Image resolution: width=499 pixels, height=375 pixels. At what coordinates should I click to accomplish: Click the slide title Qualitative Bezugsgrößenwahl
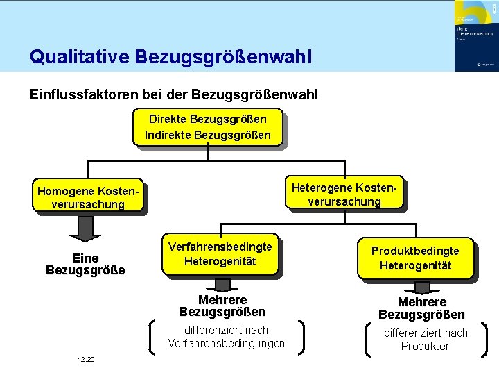(x=170, y=56)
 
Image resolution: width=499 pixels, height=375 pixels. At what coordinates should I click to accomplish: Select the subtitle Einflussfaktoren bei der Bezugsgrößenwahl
(x=174, y=94)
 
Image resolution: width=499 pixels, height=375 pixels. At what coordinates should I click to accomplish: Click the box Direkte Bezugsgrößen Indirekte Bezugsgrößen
(x=208, y=125)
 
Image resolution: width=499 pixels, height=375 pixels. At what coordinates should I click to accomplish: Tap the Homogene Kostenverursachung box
(x=88, y=197)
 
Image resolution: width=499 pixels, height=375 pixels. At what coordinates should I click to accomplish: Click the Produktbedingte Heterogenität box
(x=415, y=258)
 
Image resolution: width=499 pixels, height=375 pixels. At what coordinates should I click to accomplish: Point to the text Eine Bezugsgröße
(x=85, y=263)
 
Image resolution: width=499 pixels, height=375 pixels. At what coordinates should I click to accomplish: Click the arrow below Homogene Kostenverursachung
(x=85, y=226)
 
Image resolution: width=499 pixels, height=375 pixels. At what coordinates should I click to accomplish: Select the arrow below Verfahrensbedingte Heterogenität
(x=222, y=285)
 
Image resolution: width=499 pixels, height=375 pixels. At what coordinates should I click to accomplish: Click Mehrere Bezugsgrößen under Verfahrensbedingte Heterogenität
(x=222, y=306)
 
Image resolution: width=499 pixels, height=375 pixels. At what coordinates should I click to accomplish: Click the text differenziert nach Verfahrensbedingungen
(x=226, y=337)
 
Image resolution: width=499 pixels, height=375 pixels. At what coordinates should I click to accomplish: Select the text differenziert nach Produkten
(x=426, y=340)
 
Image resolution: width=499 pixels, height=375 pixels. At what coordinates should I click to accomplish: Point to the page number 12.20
(x=87, y=359)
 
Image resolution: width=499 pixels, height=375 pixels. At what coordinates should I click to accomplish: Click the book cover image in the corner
(x=475, y=35)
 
